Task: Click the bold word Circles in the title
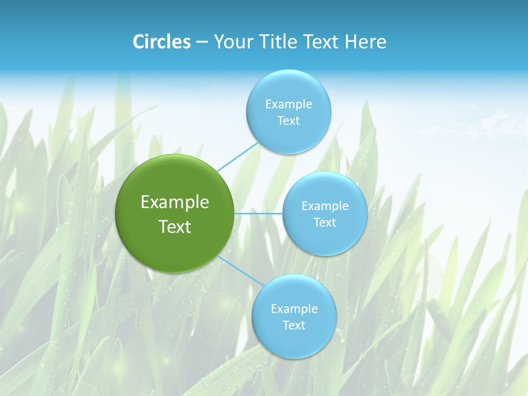162,42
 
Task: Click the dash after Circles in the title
201,42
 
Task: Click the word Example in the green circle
175,202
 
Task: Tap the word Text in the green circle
175,227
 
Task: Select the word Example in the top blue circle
289,105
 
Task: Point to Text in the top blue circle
289,121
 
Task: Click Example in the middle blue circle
325,206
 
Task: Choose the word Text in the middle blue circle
325,223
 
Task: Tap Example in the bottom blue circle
294,309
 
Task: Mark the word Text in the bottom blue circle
294,326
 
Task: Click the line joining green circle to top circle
238,157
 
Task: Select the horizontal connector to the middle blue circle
258,213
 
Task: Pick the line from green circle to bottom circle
240,271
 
